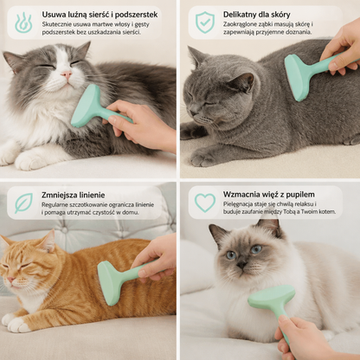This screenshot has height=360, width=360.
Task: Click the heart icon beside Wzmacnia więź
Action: (205, 202)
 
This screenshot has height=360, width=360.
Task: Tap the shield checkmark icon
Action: (205, 22)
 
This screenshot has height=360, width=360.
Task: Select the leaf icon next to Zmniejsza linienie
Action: (23, 203)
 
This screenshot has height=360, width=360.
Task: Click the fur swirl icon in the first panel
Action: (23, 22)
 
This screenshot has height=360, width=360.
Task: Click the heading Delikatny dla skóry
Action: (256, 15)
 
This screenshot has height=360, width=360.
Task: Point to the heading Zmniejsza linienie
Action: (73, 195)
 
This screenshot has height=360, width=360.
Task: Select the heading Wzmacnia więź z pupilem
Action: (268, 195)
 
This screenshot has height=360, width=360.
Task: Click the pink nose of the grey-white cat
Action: (67, 75)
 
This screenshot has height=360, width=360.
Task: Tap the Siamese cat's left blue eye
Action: (231, 255)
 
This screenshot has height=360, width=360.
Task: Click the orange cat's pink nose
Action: (10, 280)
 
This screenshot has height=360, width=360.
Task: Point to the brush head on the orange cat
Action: (109, 282)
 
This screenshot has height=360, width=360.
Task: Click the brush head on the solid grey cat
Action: (297, 77)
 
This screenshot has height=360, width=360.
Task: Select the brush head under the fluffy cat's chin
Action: (86, 106)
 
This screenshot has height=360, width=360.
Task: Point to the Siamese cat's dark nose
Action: (241, 264)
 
